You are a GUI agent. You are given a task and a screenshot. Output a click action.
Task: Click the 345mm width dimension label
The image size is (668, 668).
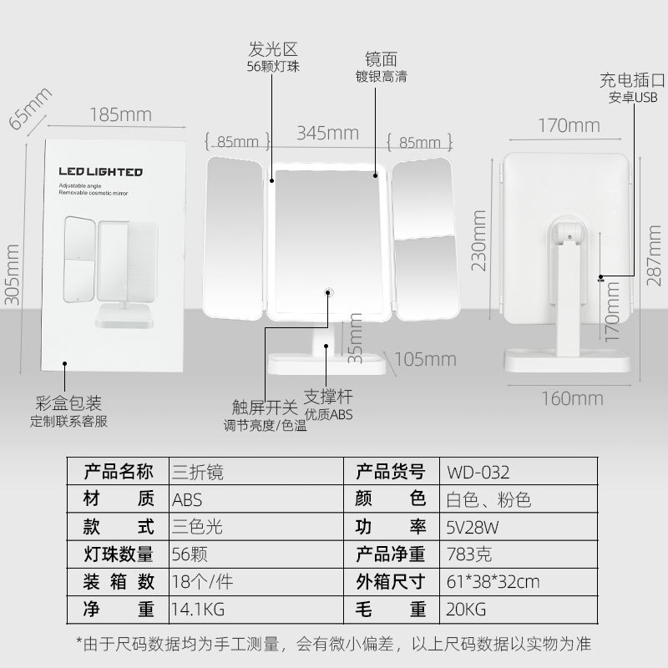(327, 133)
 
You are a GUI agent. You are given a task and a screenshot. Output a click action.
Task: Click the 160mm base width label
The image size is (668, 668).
(572, 397)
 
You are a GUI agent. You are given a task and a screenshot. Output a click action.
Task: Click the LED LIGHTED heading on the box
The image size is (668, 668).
(100, 172)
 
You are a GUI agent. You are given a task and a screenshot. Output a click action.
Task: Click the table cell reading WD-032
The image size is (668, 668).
(478, 470)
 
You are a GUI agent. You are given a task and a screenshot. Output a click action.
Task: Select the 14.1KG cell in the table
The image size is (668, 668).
(198, 608)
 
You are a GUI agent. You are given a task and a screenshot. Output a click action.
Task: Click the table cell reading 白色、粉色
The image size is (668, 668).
(485, 499)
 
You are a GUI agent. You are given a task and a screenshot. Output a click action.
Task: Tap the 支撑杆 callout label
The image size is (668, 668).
(327, 397)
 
